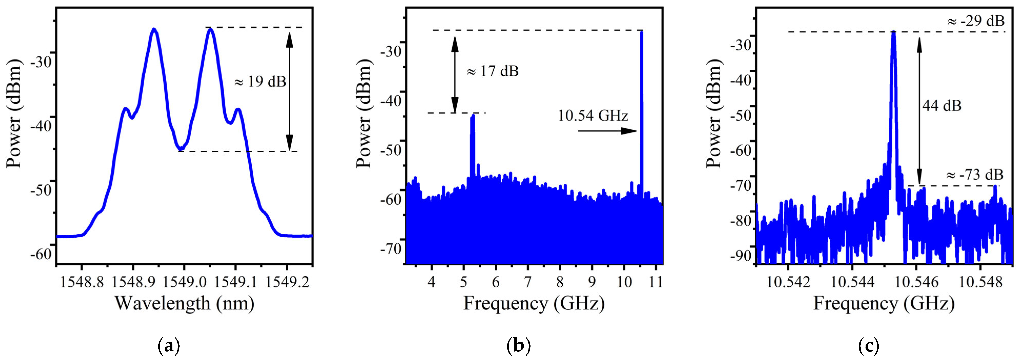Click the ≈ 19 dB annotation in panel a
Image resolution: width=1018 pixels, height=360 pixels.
click(x=260, y=82)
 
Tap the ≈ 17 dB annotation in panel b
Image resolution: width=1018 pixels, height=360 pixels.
click(x=492, y=71)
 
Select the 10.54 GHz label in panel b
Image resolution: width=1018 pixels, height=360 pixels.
click(x=593, y=116)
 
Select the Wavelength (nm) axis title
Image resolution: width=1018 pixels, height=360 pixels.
click(x=184, y=303)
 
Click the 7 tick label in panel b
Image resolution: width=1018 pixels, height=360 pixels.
click(x=528, y=282)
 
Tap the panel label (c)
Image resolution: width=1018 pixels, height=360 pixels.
click(x=869, y=346)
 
